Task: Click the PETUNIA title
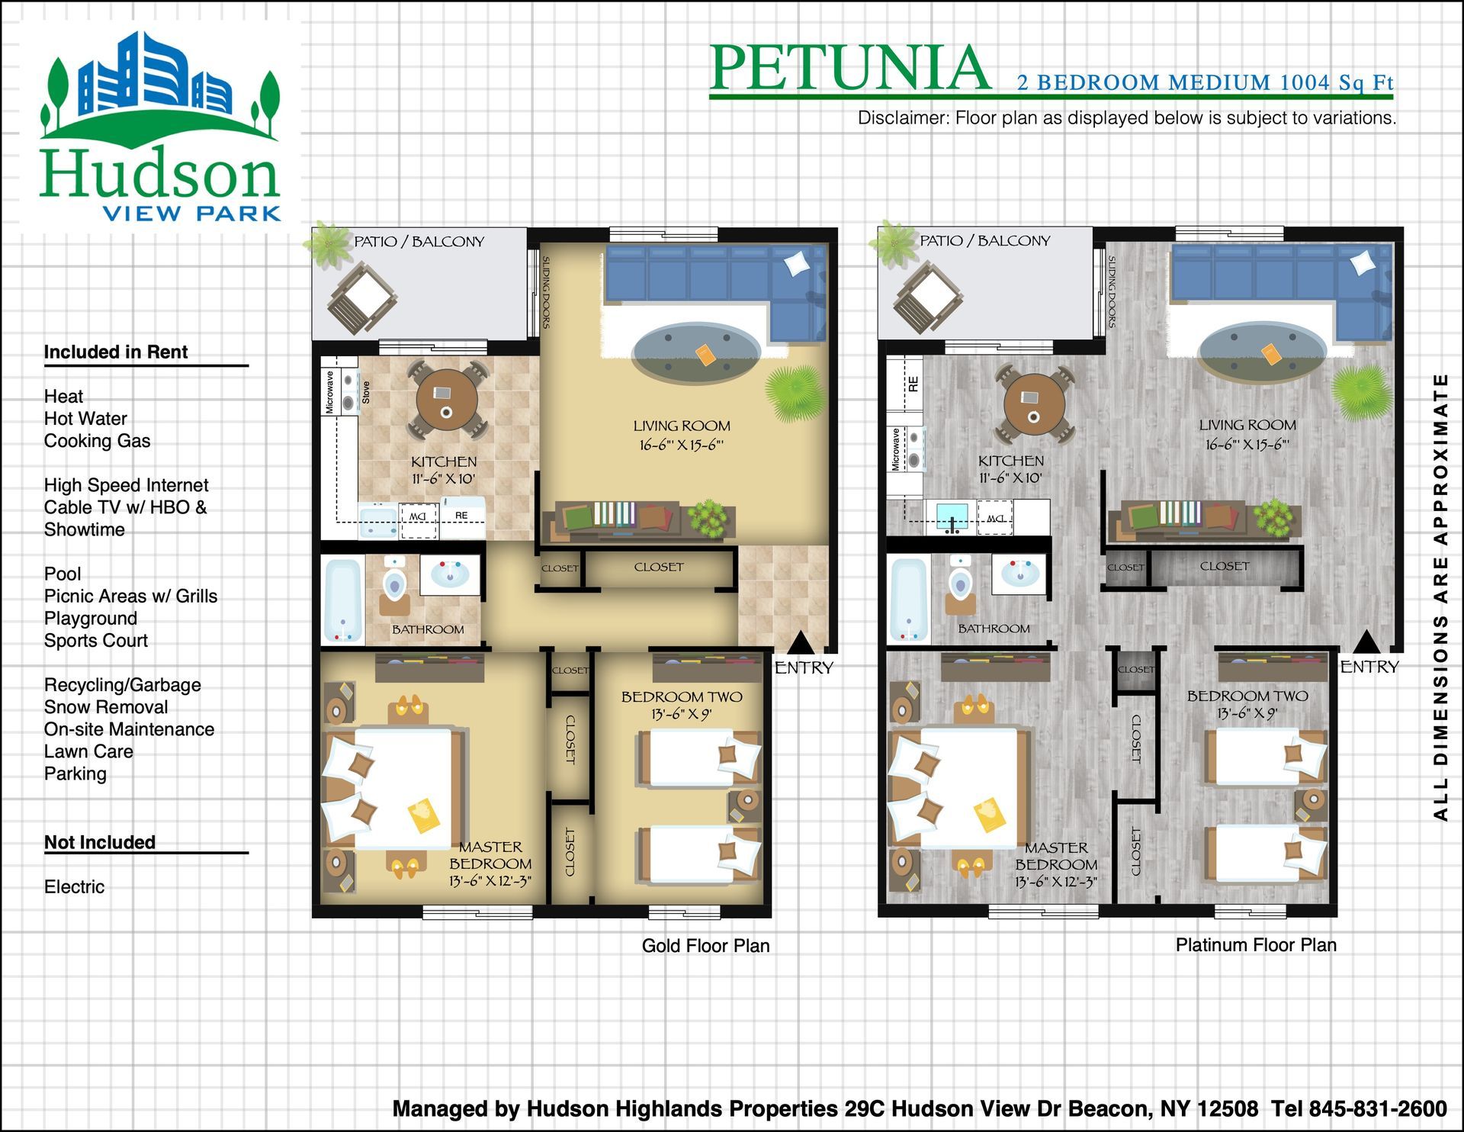[850, 68]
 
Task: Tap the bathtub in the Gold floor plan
[343, 600]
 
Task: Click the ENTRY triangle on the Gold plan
[800, 642]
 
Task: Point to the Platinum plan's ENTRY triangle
[1366, 642]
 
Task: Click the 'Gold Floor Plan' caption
[705, 946]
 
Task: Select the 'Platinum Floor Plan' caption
[1256, 945]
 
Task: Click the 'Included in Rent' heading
[116, 352]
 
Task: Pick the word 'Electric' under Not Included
[74, 887]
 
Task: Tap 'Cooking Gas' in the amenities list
[97, 441]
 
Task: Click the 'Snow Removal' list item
[106, 707]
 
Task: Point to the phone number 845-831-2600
[1378, 1108]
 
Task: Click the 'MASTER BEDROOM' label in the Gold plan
[490, 855]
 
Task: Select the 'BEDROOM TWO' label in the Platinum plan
[1247, 696]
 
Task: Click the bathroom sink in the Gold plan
[450, 573]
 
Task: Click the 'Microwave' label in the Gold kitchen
[329, 392]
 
